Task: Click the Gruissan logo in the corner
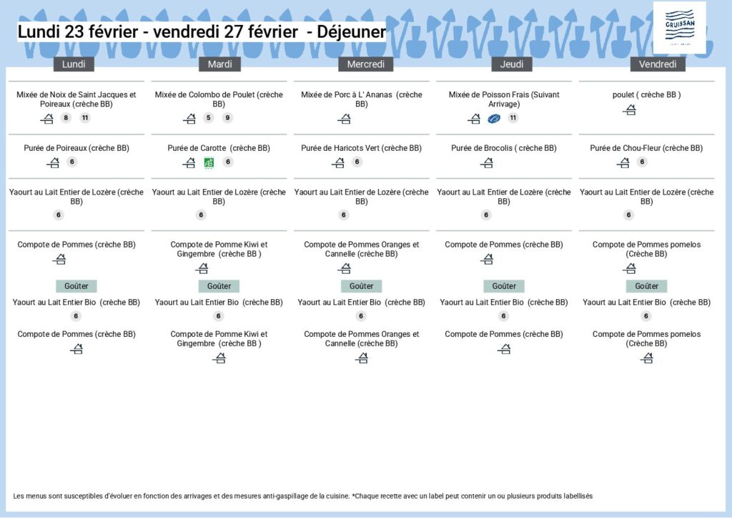(x=679, y=27)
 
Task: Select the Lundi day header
(x=74, y=64)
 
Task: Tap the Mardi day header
(x=219, y=64)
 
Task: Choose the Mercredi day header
(x=365, y=64)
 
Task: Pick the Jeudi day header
(x=512, y=64)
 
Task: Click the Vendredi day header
(x=658, y=64)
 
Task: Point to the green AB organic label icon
(x=209, y=162)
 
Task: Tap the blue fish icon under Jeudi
(x=493, y=119)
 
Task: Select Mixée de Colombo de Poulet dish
(x=219, y=99)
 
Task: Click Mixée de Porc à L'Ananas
(x=362, y=99)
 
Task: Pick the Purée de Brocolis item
(x=504, y=148)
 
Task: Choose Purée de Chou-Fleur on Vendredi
(x=646, y=148)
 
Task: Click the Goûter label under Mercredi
(x=361, y=286)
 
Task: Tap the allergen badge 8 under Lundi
(x=66, y=118)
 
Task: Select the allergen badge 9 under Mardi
(x=227, y=118)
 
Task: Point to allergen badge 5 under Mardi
(x=208, y=118)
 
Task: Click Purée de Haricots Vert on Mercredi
(x=362, y=148)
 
